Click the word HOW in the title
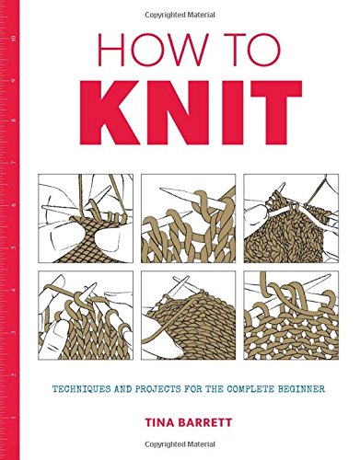(145, 57)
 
